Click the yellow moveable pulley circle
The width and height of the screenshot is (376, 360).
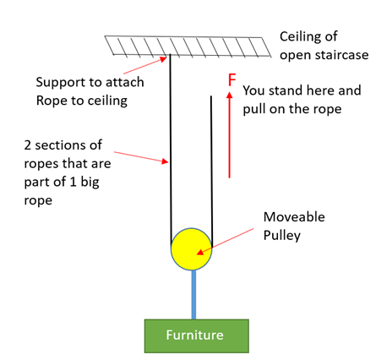(191, 249)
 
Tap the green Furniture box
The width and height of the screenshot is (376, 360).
(197, 335)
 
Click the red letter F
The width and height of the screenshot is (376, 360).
(232, 80)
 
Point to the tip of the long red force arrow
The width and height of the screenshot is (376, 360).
(230, 92)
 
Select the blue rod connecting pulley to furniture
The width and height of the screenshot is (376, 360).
(193, 295)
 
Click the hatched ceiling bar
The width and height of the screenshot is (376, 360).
(188, 46)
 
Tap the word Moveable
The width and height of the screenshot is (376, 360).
(294, 217)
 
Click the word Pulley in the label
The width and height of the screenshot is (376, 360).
(282, 236)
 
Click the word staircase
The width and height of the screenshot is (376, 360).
(342, 55)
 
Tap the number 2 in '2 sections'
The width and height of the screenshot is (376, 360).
(27, 145)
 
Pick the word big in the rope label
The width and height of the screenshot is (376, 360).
(90, 183)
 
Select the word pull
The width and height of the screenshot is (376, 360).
(253, 110)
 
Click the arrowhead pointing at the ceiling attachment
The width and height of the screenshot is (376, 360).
(164, 59)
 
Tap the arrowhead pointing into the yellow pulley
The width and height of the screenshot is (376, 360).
(199, 252)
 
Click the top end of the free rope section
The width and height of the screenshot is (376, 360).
(211, 96)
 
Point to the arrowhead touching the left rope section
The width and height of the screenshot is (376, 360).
(165, 161)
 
